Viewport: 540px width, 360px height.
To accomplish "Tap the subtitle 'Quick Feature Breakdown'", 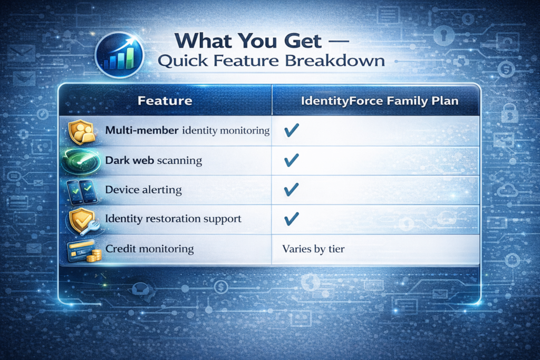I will click(x=271, y=61).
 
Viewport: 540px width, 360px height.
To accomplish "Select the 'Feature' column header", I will click(x=165, y=100).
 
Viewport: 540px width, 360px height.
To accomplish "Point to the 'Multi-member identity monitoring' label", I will click(x=188, y=130).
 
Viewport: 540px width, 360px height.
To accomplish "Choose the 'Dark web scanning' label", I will click(x=154, y=160).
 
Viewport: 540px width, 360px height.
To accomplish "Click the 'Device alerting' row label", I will click(x=143, y=189).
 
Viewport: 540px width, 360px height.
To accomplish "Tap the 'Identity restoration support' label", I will click(x=173, y=218).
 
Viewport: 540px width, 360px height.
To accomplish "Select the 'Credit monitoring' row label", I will click(x=150, y=248).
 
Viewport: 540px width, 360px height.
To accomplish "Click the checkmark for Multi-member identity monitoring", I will click(x=291, y=131).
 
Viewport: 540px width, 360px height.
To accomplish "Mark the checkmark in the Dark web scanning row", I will click(x=291, y=160).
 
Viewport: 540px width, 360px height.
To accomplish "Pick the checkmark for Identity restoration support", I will click(x=291, y=217).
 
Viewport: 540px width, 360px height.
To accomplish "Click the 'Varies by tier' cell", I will click(x=313, y=248).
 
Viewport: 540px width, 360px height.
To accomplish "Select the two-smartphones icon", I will click(x=82, y=190).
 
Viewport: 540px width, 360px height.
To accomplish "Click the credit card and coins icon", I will click(x=82, y=250).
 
